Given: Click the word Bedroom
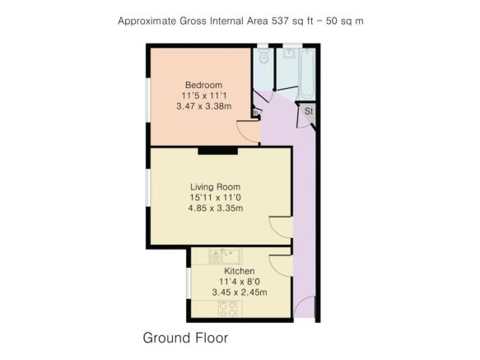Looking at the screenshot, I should pyautogui.click(x=203, y=85).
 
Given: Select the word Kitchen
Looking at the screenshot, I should pyautogui.click(x=239, y=271).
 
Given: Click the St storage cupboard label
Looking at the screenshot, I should pyautogui.click(x=309, y=110).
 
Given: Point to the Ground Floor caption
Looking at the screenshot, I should pyautogui.click(x=185, y=338).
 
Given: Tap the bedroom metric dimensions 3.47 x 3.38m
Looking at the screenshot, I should pyautogui.click(x=203, y=106).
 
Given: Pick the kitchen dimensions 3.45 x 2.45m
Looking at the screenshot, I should pyautogui.click(x=239, y=292).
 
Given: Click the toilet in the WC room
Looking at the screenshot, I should pyautogui.click(x=263, y=58).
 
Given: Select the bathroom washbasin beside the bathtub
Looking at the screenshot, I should pyautogui.click(x=289, y=56).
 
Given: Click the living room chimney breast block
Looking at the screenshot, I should pyautogui.click(x=218, y=151).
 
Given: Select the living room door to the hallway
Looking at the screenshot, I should pyautogui.click(x=281, y=227).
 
